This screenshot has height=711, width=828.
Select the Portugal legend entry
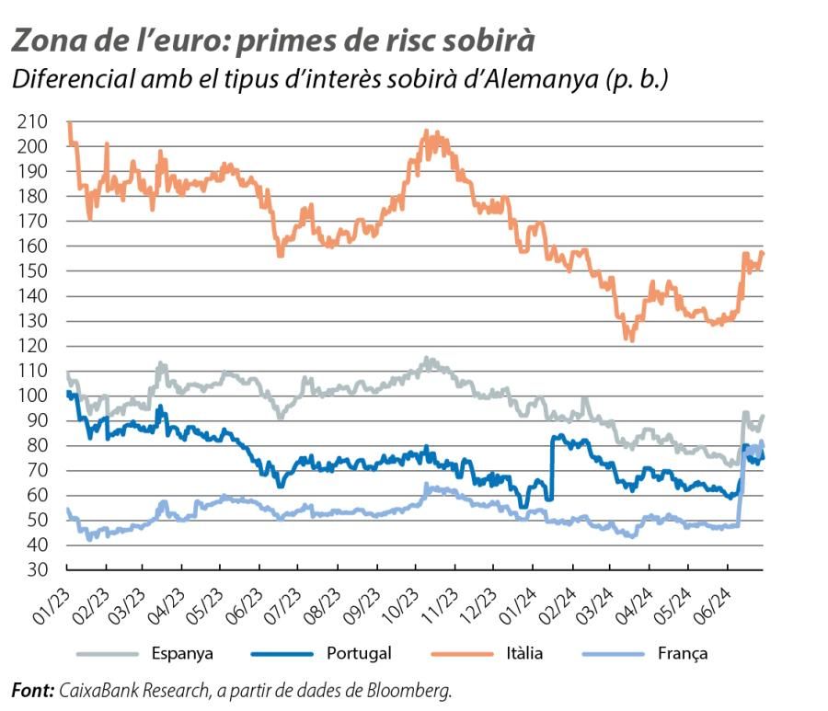click(358, 653)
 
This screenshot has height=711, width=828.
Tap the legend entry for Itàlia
click(524, 653)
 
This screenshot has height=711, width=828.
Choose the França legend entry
click(682, 653)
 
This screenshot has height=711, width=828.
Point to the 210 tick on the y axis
click(33, 121)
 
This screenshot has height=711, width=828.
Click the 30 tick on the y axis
click(37, 570)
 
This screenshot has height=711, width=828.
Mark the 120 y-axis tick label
click(33, 346)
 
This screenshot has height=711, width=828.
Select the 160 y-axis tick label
click(33, 247)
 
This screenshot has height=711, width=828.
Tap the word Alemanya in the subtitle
click(535, 80)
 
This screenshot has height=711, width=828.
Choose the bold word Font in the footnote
click(32, 689)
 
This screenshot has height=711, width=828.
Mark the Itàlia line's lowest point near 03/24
click(630, 338)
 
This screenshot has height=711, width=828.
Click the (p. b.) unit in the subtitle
click(636, 80)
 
